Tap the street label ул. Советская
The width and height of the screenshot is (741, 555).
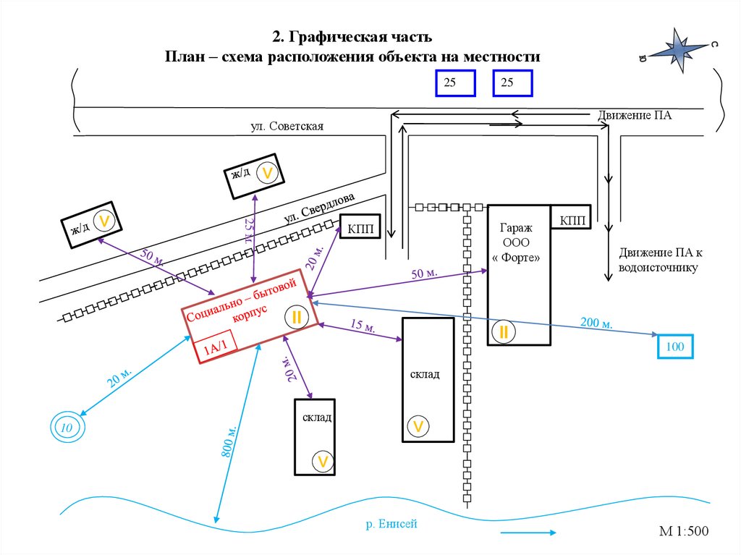click(287, 127)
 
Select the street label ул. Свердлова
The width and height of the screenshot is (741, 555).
click(319, 208)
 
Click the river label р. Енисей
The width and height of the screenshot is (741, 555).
click(392, 524)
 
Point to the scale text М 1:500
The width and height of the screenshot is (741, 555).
click(683, 532)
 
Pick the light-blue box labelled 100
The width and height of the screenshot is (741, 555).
click(674, 347)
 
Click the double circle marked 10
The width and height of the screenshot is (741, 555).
click(67, 428)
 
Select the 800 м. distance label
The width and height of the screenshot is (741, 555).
click(229, 442)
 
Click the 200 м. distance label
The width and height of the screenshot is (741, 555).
click(596, 323)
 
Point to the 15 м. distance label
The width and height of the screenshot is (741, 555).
click(363, 326)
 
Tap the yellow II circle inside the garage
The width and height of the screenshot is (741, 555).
click(503, 332)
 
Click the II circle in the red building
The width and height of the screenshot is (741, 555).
click(297, 316)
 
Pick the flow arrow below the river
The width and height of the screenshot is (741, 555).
click(528, 533)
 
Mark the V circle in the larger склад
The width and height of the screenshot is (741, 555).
click(418, 426)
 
